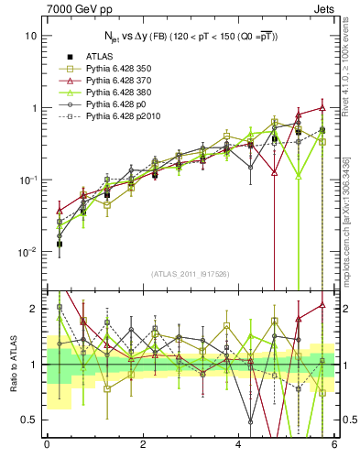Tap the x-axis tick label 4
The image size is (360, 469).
[238, 446]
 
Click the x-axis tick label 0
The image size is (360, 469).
[46, 446]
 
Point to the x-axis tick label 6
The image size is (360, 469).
[334, 446]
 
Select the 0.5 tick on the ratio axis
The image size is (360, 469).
[30, 420]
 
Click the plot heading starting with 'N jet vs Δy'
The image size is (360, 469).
[190, 36]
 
